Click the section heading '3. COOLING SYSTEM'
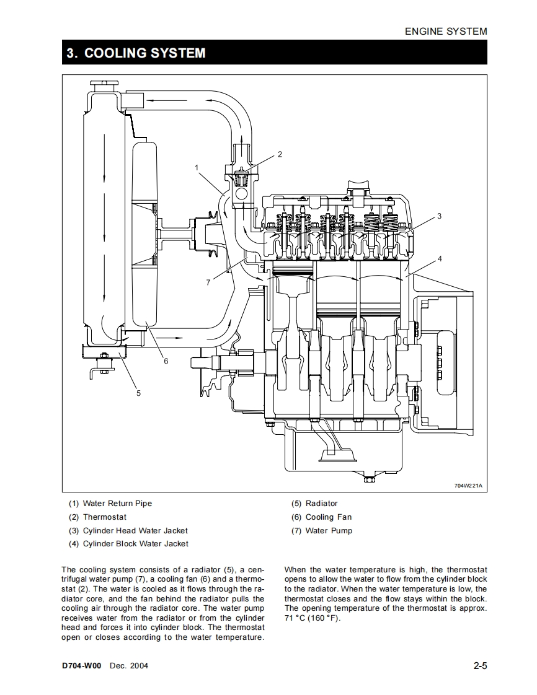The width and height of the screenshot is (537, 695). click(136, 53)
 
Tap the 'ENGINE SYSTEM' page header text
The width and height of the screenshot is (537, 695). click(446, 32)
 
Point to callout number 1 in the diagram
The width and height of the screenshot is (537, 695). click(197, 167)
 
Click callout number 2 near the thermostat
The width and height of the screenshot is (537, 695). click(280, 154)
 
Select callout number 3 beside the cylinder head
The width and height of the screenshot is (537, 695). click(440, 216)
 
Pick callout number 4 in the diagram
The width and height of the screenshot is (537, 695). click(440, 259)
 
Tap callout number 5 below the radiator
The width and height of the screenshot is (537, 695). click(138, 393)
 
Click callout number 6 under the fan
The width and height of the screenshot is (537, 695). click(166, 361)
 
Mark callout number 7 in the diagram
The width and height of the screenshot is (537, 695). click(208, 282)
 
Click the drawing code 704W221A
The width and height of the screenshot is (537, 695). click(468, 486)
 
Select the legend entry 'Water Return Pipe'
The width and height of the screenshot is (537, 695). click(117, 504)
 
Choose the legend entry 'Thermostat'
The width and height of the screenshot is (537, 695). click(105, 517)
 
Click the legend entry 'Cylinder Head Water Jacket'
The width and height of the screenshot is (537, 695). click(135, 531)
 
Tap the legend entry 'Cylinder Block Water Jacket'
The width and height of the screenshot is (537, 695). click(136, 544)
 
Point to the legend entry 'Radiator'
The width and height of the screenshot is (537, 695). click(322, 504)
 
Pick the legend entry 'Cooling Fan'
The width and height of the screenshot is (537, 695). click(329, 517)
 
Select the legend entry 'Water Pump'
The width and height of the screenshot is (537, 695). click(329, 531)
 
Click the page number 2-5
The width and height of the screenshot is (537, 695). click(480, 665)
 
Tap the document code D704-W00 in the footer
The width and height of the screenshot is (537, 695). click(82, 666)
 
